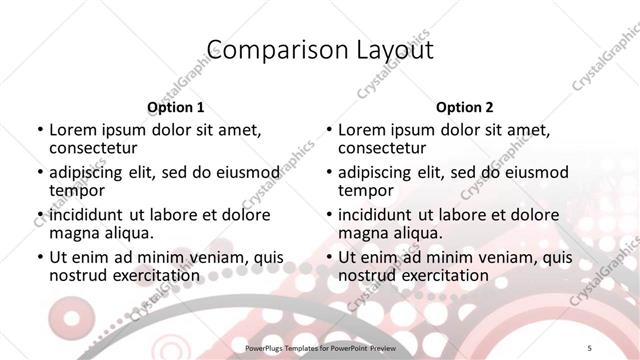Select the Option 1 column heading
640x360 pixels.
175,107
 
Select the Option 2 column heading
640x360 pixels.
464,107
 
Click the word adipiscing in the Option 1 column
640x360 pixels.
88,172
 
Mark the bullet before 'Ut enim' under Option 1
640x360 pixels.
39,258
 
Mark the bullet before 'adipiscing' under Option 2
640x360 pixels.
328,173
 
